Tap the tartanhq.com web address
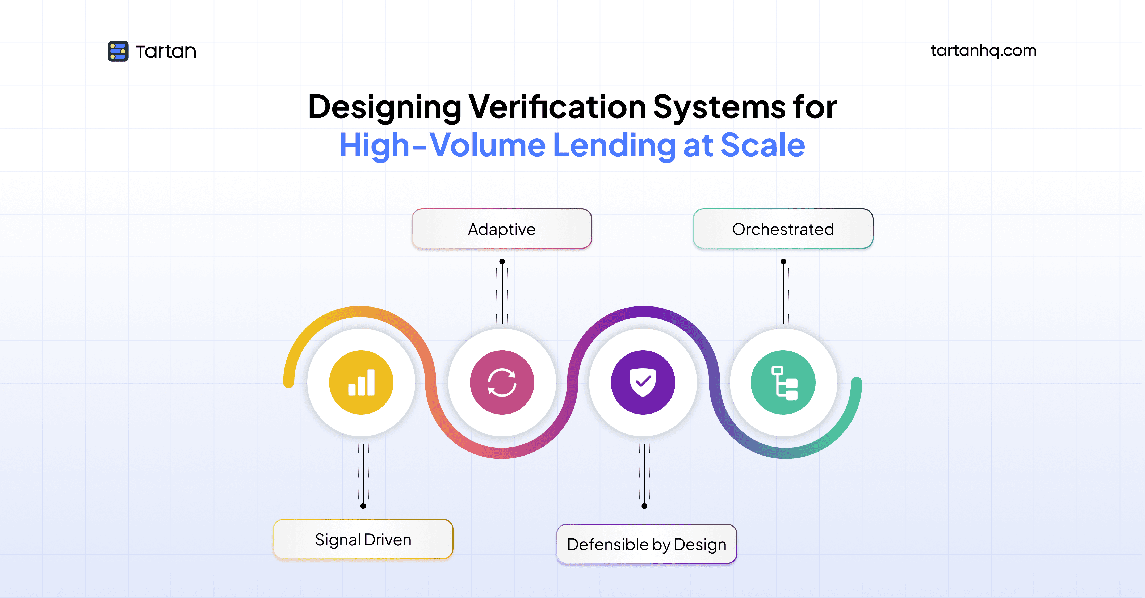tap(983, 51)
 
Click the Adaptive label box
tap(502, 229)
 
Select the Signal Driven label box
tap(363, 539)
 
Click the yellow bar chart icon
tap(361, 382)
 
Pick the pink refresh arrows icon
tap(502, 382)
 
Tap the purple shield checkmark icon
tap(643, 382)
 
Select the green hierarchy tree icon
tap(783, 382)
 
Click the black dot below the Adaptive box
tap(502, 262)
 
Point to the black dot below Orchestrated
tap(783, 262)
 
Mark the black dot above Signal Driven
tap(363, 506)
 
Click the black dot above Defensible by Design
tap(644, 506)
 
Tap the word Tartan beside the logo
tap(166, 52)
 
